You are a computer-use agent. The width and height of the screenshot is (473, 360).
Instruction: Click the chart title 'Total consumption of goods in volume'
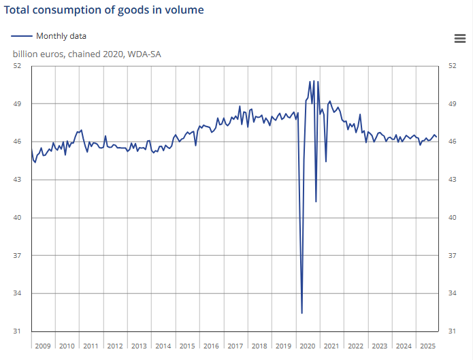pyautogui.click(x=104, y=10)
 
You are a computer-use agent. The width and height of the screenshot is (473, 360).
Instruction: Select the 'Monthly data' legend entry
pyautogui.click(x=61, y=36)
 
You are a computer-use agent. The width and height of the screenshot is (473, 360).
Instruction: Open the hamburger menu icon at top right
pyautogui.click(x=459, y=39)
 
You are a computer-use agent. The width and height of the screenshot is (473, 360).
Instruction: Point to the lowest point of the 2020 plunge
pyautogui.click(x=301, y=313)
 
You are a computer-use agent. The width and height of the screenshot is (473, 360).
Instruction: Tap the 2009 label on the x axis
pyautogui.click(x=43, y=346)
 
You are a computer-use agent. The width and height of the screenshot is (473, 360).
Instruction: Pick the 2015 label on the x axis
pyautogui.click(x=187, y=346)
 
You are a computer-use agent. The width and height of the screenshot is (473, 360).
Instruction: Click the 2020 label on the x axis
pyautogui.click(x=308, y=346)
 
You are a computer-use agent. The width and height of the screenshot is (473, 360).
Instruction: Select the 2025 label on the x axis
pyautogui.click(x=428, y=346)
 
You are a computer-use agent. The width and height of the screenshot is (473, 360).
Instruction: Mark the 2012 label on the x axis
pyautogui.click(x=115, y=346)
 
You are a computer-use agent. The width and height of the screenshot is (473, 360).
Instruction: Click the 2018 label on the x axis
pyautogui.click(x=259, y=346)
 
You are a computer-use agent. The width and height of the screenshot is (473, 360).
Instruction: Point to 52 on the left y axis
pyautogui.click(x=18, y=66)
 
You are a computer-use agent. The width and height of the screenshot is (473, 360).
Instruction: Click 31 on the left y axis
pyautogui.click(x=18, y=331)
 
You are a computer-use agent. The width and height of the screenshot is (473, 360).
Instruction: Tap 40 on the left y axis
pyautogui.click(x=18, y=218)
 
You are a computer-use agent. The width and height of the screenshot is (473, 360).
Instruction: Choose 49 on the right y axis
pyautogui.click(x=452, y=104)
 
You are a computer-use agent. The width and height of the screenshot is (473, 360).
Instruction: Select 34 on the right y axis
pyautogui.click(x=452, y=293)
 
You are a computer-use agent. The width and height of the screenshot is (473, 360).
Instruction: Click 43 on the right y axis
pyautogui.click(x=452, y=180)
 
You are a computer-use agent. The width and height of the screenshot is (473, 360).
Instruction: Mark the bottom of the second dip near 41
pyautogui.click(x=316, y=201)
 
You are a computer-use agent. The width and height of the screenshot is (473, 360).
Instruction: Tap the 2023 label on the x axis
pyautogui.click(x=380, y=346)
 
